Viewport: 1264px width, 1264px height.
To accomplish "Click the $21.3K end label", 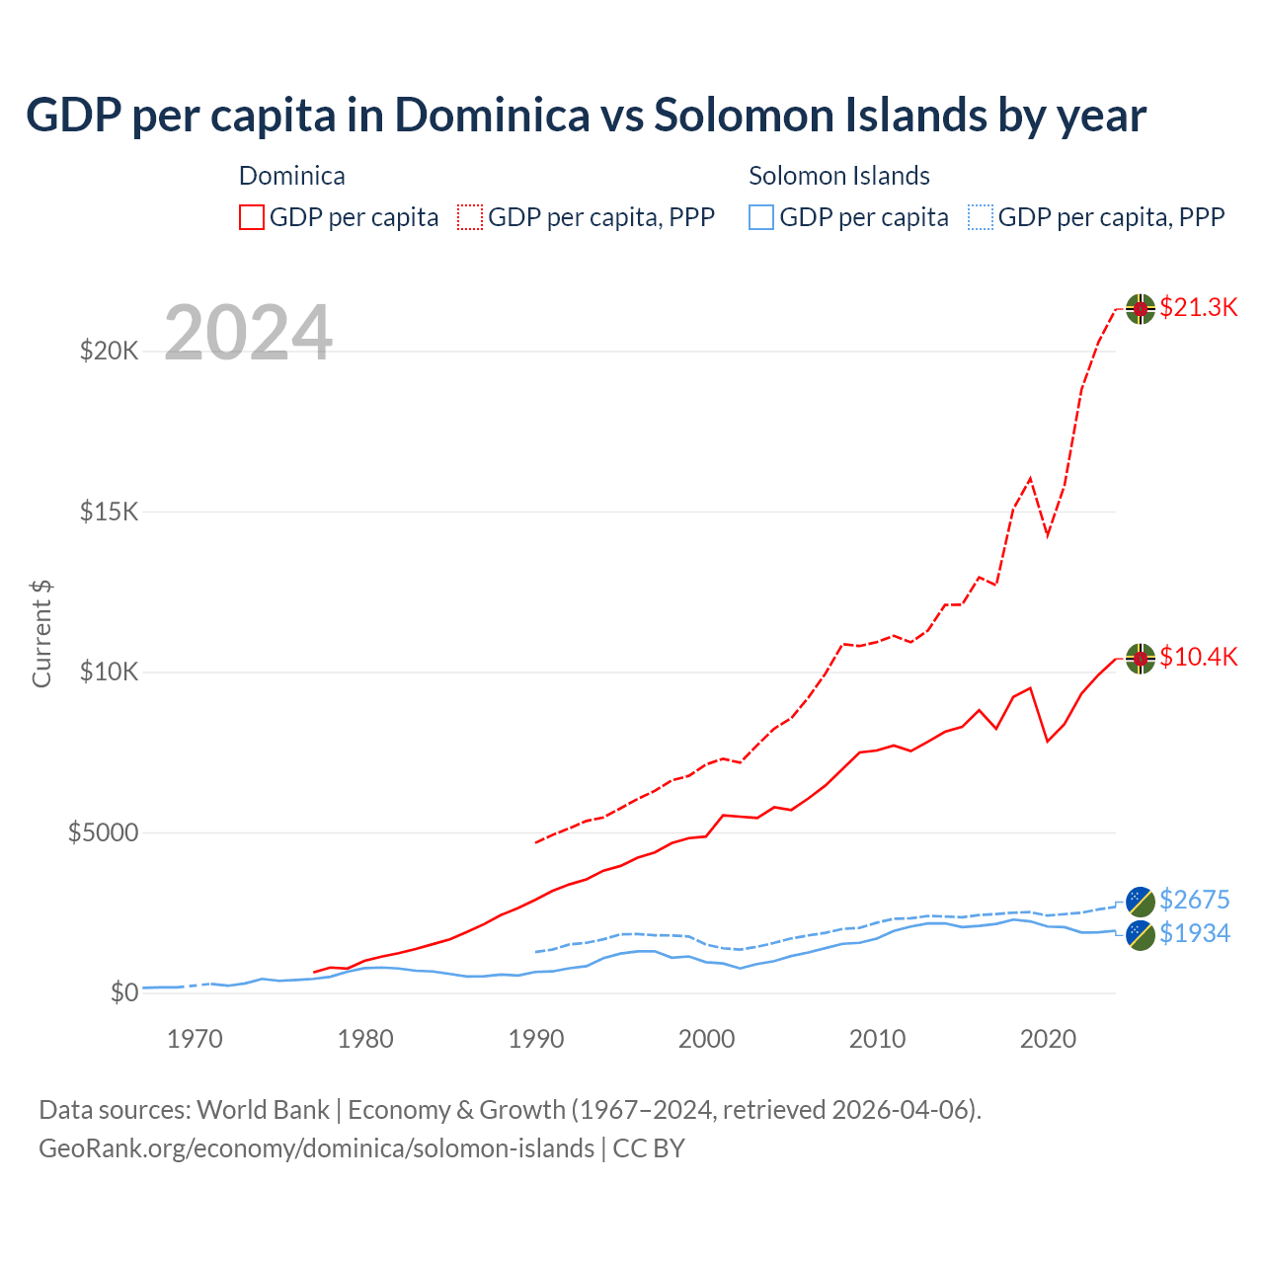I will click(1198, 307).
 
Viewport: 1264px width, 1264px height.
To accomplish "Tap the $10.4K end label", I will click(1198, 658).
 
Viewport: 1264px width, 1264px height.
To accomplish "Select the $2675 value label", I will click(1194, 900).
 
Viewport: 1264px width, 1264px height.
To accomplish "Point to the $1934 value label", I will click(1194, 933).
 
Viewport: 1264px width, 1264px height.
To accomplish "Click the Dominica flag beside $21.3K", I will click(1141, 308).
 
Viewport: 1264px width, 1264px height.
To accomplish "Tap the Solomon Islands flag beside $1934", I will click(1141, 935).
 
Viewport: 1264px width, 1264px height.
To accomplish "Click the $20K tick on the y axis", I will click(109, 351).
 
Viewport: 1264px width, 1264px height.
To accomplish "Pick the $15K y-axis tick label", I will click(109, 512).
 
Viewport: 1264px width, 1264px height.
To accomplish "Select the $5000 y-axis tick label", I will click(103, 832).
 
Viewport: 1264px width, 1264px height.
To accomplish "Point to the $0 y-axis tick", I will click(123, 992).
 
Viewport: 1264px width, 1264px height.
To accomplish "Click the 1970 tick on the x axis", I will click(195, 1039).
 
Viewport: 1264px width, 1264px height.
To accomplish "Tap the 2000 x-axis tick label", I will click(706, 1039).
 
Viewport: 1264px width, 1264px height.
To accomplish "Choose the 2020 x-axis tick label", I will click(1047, 1039).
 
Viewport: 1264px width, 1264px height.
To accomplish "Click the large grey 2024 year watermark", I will click(248, 333).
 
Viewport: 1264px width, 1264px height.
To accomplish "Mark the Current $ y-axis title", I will click(41, 634).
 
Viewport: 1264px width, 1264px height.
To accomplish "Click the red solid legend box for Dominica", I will click(252, 217).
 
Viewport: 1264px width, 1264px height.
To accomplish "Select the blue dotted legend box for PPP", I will click(980, 217).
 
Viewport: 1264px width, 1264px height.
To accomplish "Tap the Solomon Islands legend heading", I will click(838, 176).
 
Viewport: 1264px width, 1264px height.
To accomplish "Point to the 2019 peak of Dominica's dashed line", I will click(1030, 478).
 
